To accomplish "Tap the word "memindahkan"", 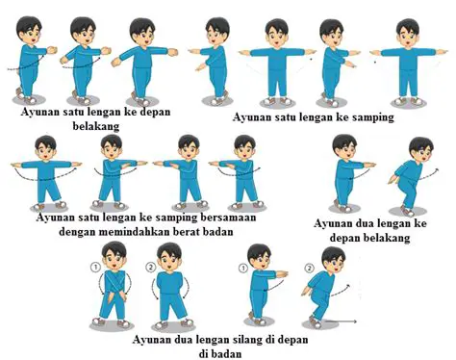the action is coord(134,231).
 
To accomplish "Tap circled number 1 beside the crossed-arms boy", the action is coord(96,267).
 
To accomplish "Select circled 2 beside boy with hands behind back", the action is coord(150,267).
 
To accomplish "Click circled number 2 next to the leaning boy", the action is coord(309,268).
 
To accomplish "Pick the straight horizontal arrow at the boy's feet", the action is coord(341,321).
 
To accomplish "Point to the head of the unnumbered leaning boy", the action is coord(420,150).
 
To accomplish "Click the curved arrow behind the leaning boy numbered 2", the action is coord(341,290).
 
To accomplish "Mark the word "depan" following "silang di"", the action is coord(292,340).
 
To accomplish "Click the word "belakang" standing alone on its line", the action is coord(96,126).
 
